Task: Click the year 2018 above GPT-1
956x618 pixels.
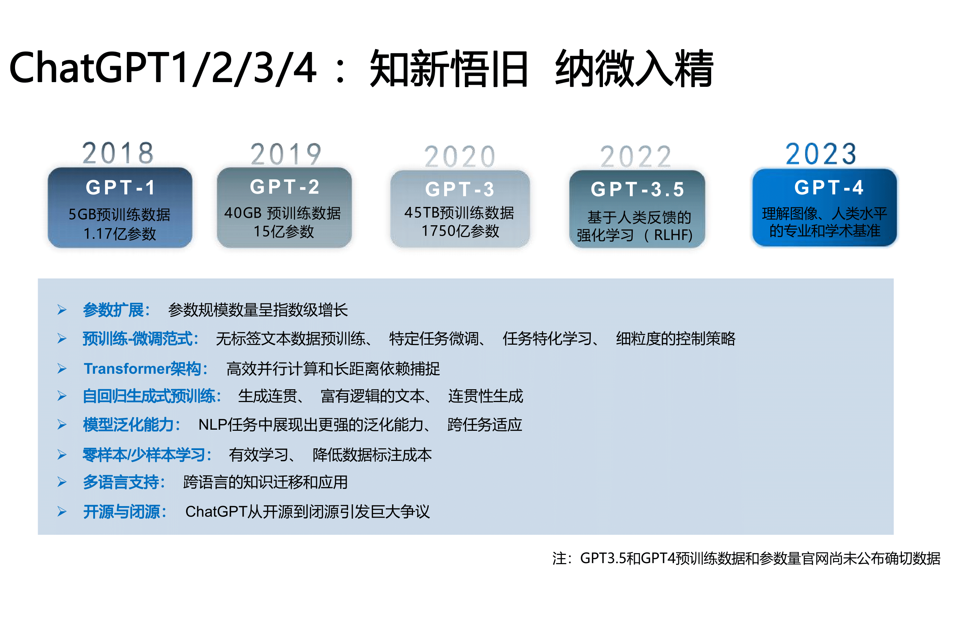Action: click(x=118, y=153)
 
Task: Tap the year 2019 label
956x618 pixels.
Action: click(x=286, y=155)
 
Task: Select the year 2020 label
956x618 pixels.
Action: click(x=460, y=156)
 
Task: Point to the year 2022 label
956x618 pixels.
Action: click(x=635, y=156)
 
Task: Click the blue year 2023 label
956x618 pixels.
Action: click(x=821, y=154)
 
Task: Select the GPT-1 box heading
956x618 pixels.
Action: click(x=120, y=187)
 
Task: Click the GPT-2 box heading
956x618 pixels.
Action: click(x=285, y=187)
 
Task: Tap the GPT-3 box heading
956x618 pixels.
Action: click(x=460, y=189)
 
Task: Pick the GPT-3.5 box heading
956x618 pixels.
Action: click(x=637, y=189)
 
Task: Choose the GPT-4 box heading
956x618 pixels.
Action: click(x=828, y=187)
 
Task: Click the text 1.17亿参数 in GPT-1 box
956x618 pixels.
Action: click(x=119, y=233)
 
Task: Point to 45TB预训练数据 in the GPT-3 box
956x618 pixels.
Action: click(x=459, y=213)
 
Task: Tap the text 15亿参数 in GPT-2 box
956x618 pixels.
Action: click(x=284, y=232)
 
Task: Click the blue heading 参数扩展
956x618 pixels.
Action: click(x=116, y=310)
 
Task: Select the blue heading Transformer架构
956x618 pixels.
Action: click(x=146, y=368)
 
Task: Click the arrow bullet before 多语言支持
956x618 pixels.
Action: click(x=62, y=482)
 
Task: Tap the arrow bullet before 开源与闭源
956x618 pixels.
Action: click(x=62, y=511)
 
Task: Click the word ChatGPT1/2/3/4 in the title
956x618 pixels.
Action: click(x=163, y=68)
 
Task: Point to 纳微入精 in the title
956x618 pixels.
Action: click(x=634, y=68)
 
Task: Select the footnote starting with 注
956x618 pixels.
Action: click(x=746, y=558)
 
